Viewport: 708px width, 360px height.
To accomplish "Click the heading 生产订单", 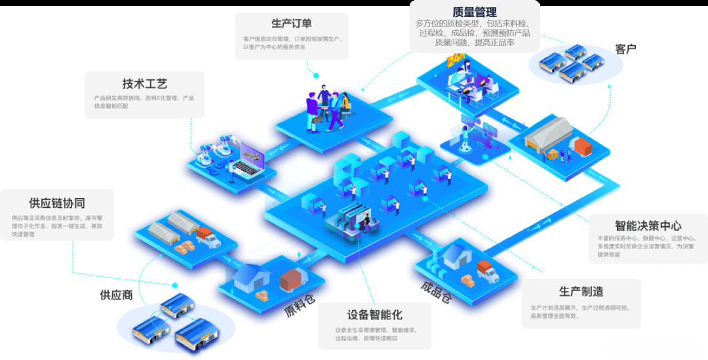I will coord(292,24).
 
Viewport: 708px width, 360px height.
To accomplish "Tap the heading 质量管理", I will coord(475,12).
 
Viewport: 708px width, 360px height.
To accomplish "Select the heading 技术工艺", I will coord(145,84).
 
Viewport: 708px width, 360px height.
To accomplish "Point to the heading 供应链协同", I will coord(57,203).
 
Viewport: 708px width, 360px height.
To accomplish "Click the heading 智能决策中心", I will coord(647,224).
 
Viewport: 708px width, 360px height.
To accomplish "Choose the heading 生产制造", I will coord(581,291).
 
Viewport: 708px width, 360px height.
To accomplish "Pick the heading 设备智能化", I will coord(374,314).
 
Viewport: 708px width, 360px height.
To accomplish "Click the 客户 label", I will coord(625,49).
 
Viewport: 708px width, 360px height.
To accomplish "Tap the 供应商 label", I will coord(117,295).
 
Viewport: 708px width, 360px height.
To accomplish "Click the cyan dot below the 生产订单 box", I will coord(316,75).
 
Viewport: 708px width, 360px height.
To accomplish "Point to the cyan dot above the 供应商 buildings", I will coord(175,285).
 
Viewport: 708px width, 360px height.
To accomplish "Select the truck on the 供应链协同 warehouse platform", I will coord(208,237).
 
